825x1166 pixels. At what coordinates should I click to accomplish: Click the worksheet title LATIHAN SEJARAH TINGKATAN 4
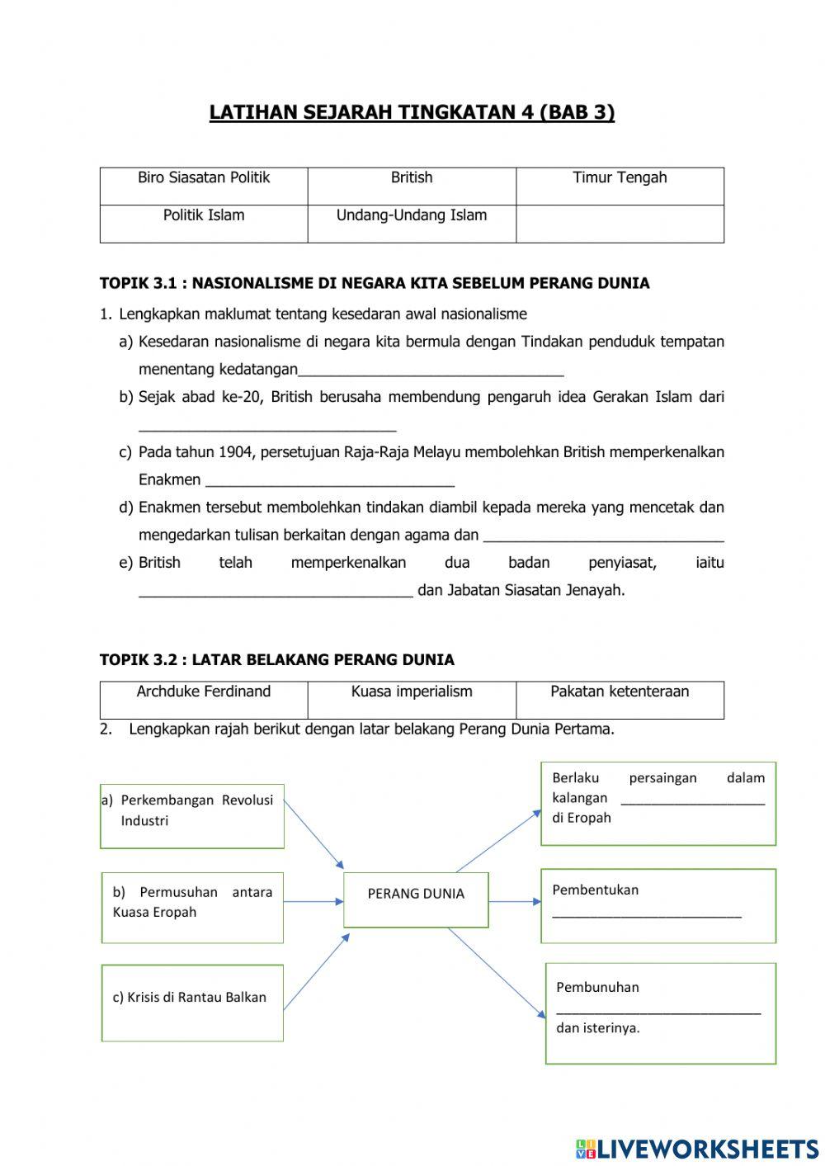[x=412, y=112]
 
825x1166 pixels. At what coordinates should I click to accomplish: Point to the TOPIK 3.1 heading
[x=375, y=284]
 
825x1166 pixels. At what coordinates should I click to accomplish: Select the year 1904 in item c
[x=238, y=452]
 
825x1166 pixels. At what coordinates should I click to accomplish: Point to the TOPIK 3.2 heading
[x=276, y=660]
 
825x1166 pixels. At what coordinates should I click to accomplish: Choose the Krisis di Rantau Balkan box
[x=192, y=1002]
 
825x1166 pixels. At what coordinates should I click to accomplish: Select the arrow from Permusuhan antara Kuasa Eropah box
[x=313, y=902]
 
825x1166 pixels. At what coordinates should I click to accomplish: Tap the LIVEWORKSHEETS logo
[x=697, y=1149]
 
